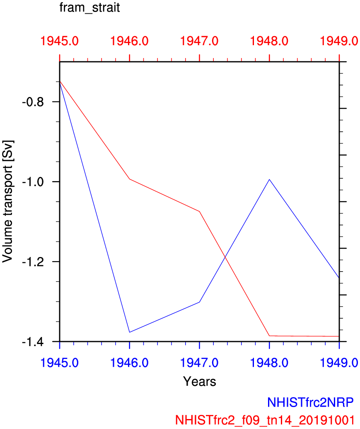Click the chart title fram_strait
pyautogui.click(x=90, y=8)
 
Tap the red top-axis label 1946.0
pyautogui.click(x=130, y=41)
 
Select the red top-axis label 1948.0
pyautogui.click(x=270, y=41)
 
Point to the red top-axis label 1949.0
pyautogui.click(x=339, y=41)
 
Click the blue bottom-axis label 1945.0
pyautogui.click(x=60, y=363)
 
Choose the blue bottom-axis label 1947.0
pyautogui.click(x=200, y=363)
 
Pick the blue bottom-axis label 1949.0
pyautogui.click(x=339, y=363)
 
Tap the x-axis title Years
pyautogui.click(x=199, y=381)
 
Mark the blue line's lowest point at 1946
pyautogui.click(x=130, y=332)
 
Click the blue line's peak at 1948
pyautogui.click(x=270, y=179)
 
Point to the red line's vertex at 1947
pyautogui.click(x=200, y=212)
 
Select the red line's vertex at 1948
pyautogui.click(x=270, y=336)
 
